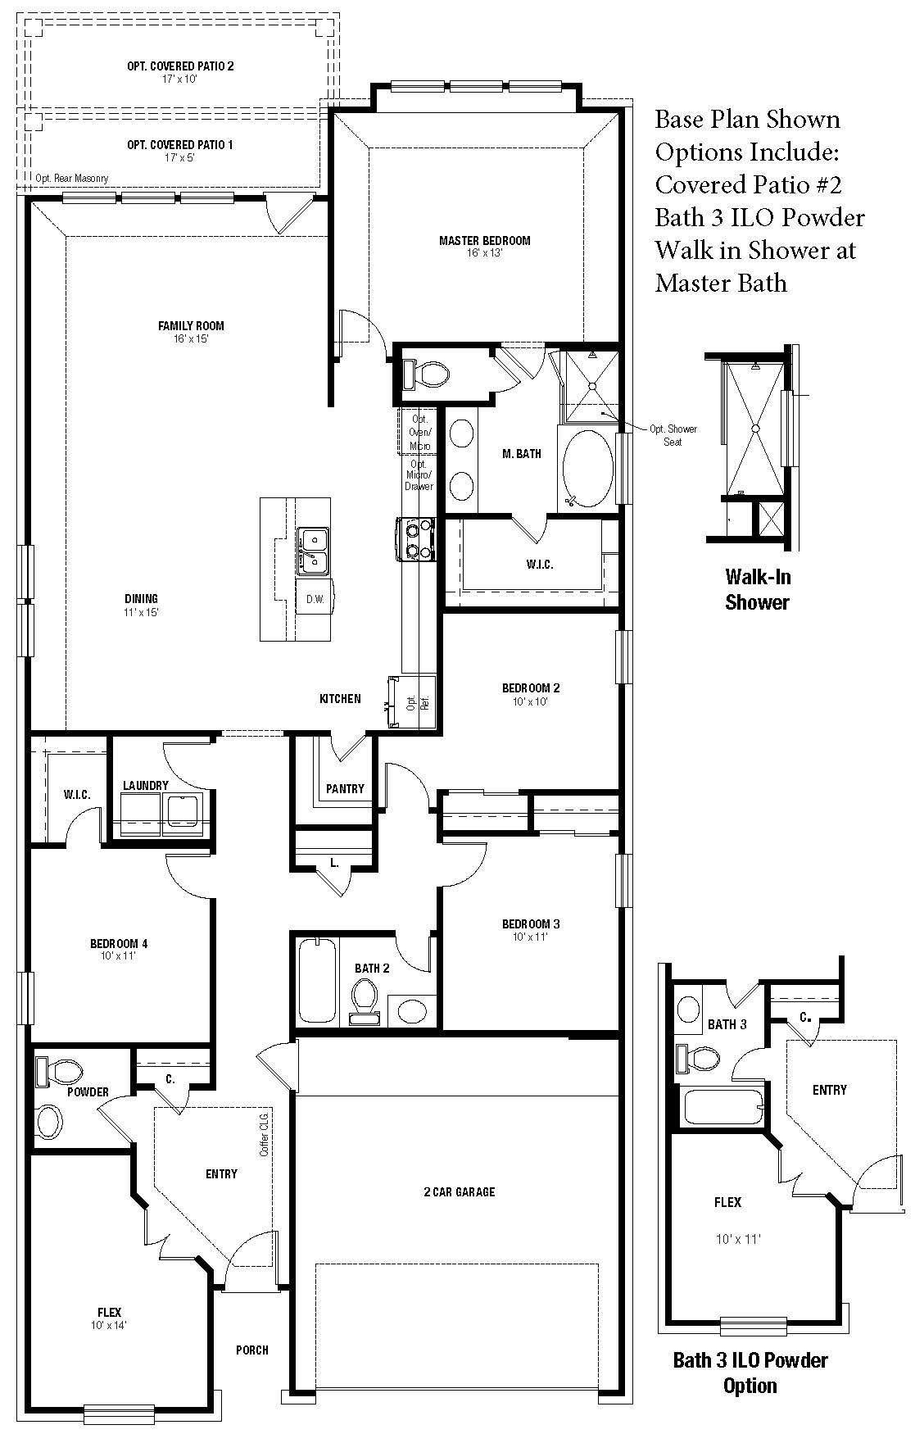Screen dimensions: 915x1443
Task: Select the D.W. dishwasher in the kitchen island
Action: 315,599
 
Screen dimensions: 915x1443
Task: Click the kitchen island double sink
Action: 313,549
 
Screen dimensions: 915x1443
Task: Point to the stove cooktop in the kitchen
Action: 415,539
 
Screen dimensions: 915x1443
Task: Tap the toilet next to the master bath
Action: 426,374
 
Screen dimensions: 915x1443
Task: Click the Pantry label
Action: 345,789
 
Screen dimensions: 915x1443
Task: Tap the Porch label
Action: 252,1350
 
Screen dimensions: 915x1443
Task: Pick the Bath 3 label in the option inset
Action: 727,1024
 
